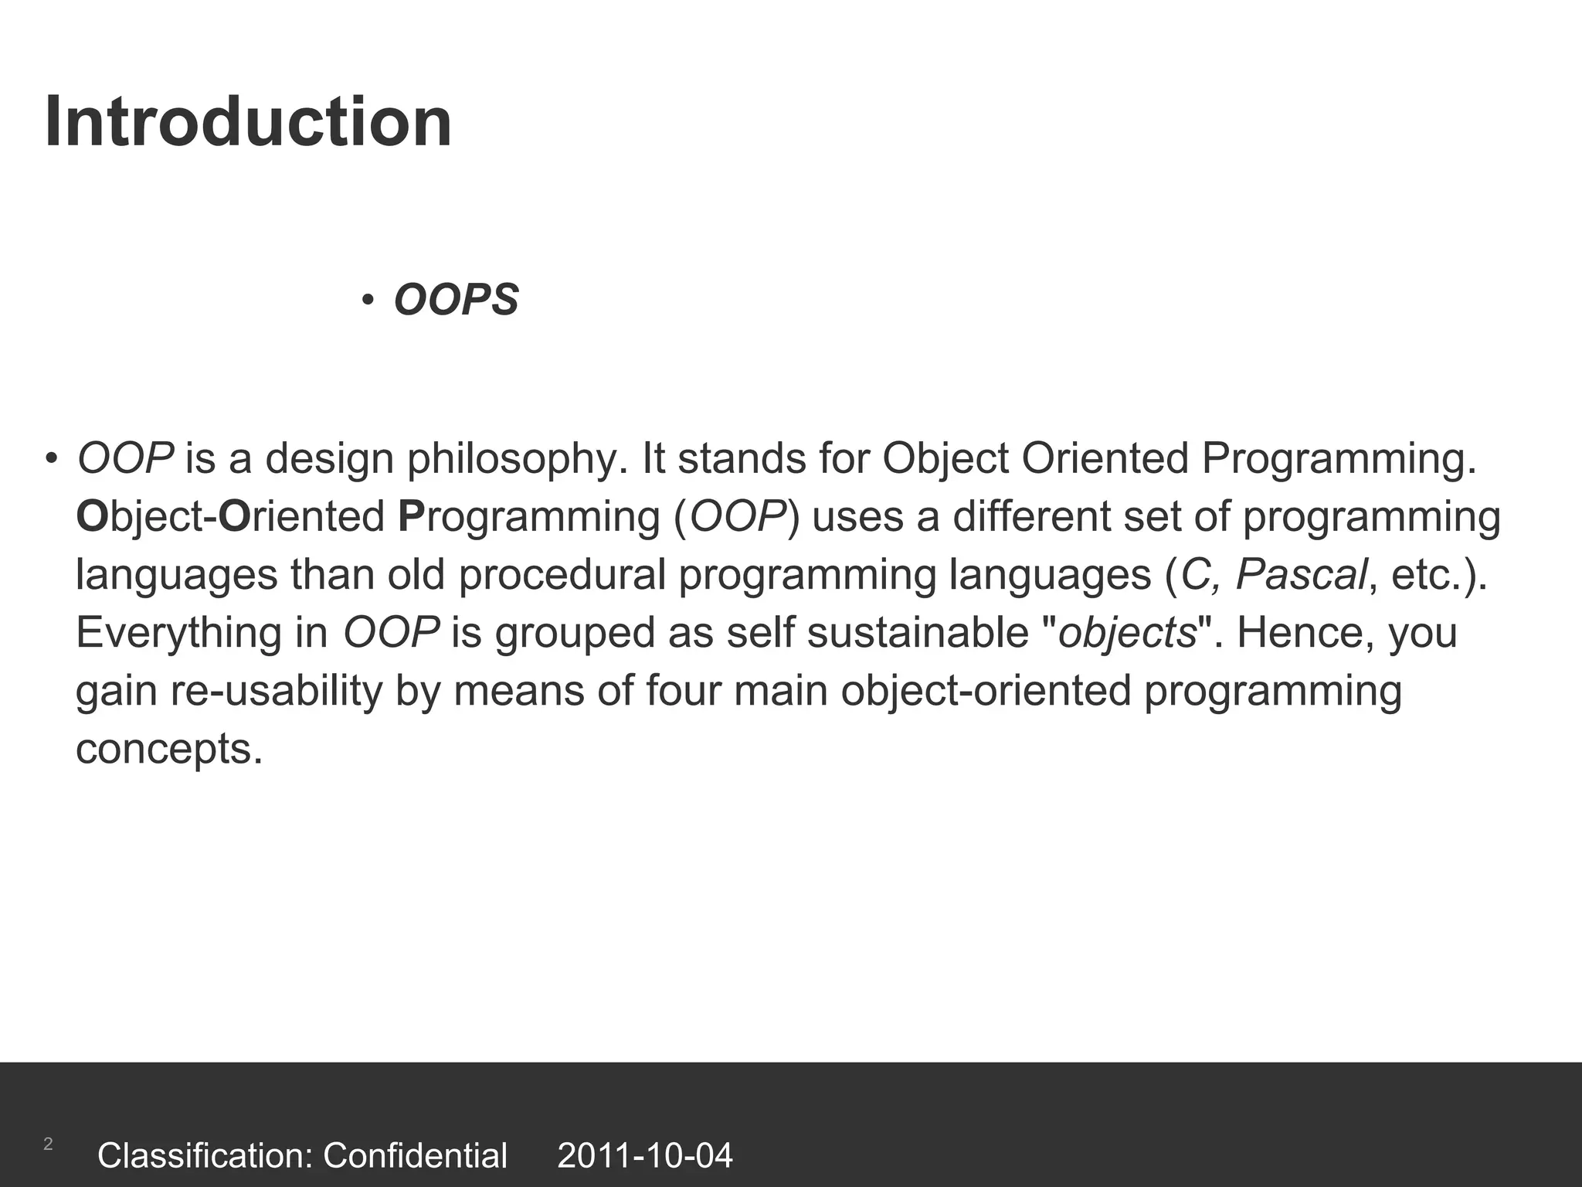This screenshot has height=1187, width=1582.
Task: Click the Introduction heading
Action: (248, 122)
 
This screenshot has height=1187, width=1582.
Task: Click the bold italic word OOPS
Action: (456, 300)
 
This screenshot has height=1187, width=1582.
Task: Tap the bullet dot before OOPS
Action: (368, 300)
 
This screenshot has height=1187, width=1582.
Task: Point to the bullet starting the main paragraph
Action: (51, 458)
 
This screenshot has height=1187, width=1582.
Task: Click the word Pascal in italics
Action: (1301, 576)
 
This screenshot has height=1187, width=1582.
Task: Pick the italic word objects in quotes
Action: (1127, 634)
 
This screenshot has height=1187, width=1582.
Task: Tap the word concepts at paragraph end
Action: (168, 750)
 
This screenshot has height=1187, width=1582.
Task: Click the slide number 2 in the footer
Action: (48, 1144)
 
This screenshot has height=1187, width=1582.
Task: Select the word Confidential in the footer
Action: (415, 1156)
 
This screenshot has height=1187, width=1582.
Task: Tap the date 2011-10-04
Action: (645, 1156)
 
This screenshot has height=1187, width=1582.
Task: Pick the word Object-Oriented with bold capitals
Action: (230, 517)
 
